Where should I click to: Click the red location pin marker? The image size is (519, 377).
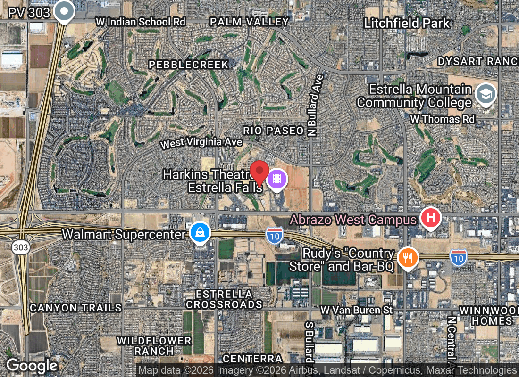coord(259,172)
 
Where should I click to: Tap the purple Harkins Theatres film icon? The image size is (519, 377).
coord(277,179)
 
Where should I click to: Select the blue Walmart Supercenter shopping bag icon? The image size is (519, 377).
coord(200,232)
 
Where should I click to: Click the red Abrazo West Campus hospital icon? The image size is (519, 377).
coord(430,218)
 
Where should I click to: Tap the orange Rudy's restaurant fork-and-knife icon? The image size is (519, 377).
coord(408,258)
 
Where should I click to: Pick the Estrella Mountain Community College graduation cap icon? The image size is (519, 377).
coord(486,94)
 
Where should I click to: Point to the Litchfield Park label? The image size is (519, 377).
coord(407,23)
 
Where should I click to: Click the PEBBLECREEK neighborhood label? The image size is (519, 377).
coord(189,65)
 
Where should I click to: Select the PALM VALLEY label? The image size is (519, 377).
coord(249,22)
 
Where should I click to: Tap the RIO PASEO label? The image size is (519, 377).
coord(273,131)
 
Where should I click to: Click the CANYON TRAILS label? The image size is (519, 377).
coord(75,308)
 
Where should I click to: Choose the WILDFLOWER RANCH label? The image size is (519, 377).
coord(154,346)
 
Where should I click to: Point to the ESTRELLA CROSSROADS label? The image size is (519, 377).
coord(224,299)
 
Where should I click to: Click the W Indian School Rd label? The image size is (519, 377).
coord(141,22)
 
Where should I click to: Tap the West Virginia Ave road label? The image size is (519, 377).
coord(201,143)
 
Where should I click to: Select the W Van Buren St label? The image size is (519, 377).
coord(357,310)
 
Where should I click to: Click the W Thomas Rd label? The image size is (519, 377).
coord(442,119)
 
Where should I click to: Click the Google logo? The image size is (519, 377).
coord(32,366)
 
